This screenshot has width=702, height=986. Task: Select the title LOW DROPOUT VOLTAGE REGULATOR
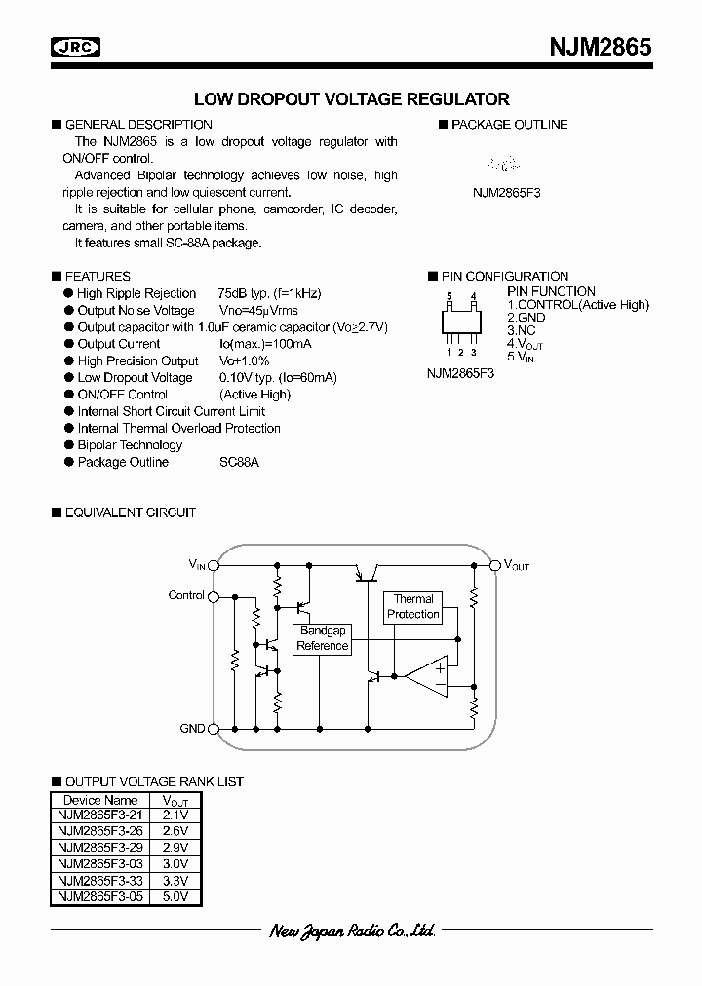pyautogui.click(x=352, y=99)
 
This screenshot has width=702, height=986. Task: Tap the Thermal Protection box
pyautogui.click(x=413, y=607)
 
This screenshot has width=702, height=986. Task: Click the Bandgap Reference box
pyautogui.click(x=323, y=639)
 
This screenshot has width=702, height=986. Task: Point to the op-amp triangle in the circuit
pyautogui.click(x=429, y=677)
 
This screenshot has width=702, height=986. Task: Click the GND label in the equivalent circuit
pyautogui.click(x=192, y=728)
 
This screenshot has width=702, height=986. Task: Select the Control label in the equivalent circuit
pyautogui.click(x=186, y=595)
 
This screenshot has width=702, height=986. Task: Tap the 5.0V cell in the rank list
pyautogui.click(x=175, y=896)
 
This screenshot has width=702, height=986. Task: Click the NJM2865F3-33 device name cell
pyautogui.click(x=98, y=880)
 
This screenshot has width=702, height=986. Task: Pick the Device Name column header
pyautogui.click(x=98, y=801)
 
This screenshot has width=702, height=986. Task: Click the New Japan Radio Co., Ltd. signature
pyautogui.click(x=352, y=932)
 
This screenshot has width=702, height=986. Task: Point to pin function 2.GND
pyautogui.click(x=526, y=318)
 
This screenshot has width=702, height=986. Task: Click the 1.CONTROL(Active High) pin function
pyautogui.click(x=577, y=305)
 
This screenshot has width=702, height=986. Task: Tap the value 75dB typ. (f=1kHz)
pyautogui.click(x=270, y=293)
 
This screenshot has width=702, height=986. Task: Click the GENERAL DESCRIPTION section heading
pyautogui.click(x=137, y=125)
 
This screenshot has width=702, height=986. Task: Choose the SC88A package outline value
pyautogui.click(x=240, y=462)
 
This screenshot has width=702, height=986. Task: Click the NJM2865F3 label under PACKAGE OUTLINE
pyautogui.click(x=507, y=193)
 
